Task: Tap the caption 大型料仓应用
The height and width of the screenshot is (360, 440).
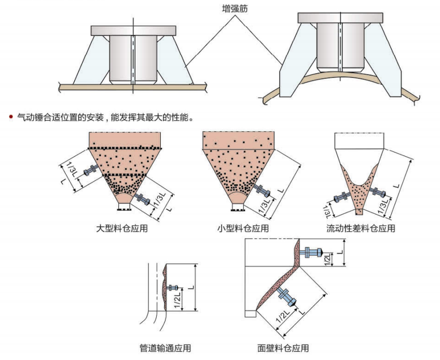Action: pyautogui.click(x=122, y=228)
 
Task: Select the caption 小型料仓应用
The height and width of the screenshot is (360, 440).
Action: pyautogui.click(x=243, y=228)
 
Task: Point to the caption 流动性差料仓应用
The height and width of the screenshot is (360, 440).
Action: pyautogui.click(x=361, y=228)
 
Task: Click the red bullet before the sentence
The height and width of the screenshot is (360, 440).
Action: pyautogui.click(x=10, y=117)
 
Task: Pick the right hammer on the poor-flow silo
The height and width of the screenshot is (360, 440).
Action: pyautogui.click(x=378, y=193)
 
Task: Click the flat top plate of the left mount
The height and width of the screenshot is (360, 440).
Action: pyautogui.click(x=133, y=30)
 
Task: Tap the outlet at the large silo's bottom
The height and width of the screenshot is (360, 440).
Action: pyautogui.click(x=123, y=208)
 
